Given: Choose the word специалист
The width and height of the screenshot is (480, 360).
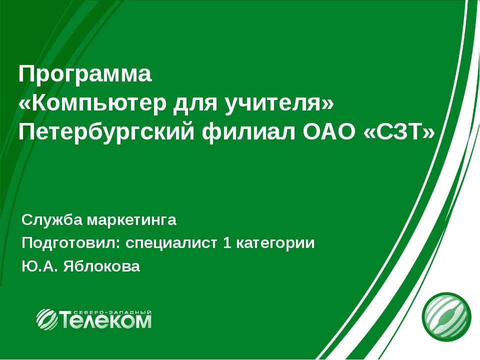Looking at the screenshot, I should coord(171,243).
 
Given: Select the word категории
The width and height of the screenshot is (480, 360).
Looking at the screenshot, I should coord(275,243).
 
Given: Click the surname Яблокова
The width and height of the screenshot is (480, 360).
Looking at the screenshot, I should coord(100,267).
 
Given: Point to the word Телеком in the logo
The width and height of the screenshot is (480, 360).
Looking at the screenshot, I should coord(105,320).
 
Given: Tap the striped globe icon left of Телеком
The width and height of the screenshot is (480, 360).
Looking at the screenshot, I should coord(47,318).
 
